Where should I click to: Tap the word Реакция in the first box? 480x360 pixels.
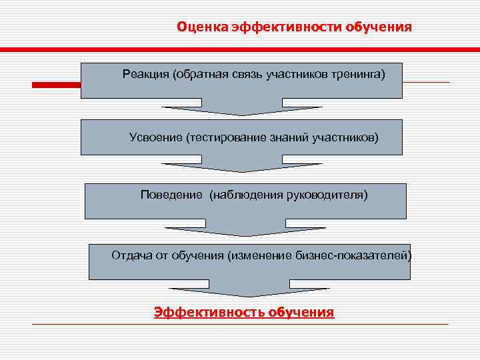point(145,73)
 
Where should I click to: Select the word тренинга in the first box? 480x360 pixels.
point(359,73)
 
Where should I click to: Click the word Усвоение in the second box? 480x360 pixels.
point(155,137)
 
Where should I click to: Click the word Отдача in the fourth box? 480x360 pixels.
point(131,255)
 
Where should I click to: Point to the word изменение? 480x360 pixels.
point(260,255)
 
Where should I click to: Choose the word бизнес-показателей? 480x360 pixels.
point(353,255)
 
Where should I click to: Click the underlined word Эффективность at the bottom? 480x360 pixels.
point(209,312)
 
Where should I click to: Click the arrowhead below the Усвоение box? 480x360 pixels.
point(242,167)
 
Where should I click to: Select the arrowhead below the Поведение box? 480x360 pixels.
point(245,231)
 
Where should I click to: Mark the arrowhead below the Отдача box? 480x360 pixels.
point(249,291)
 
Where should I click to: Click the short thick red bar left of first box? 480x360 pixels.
point(57,85)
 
